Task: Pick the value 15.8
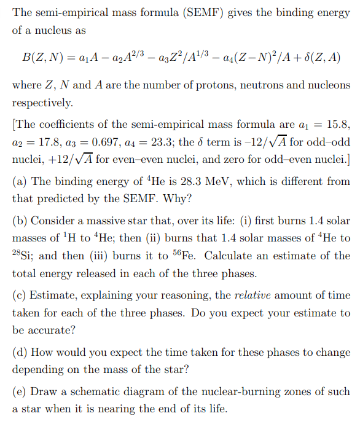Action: [338, 125]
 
